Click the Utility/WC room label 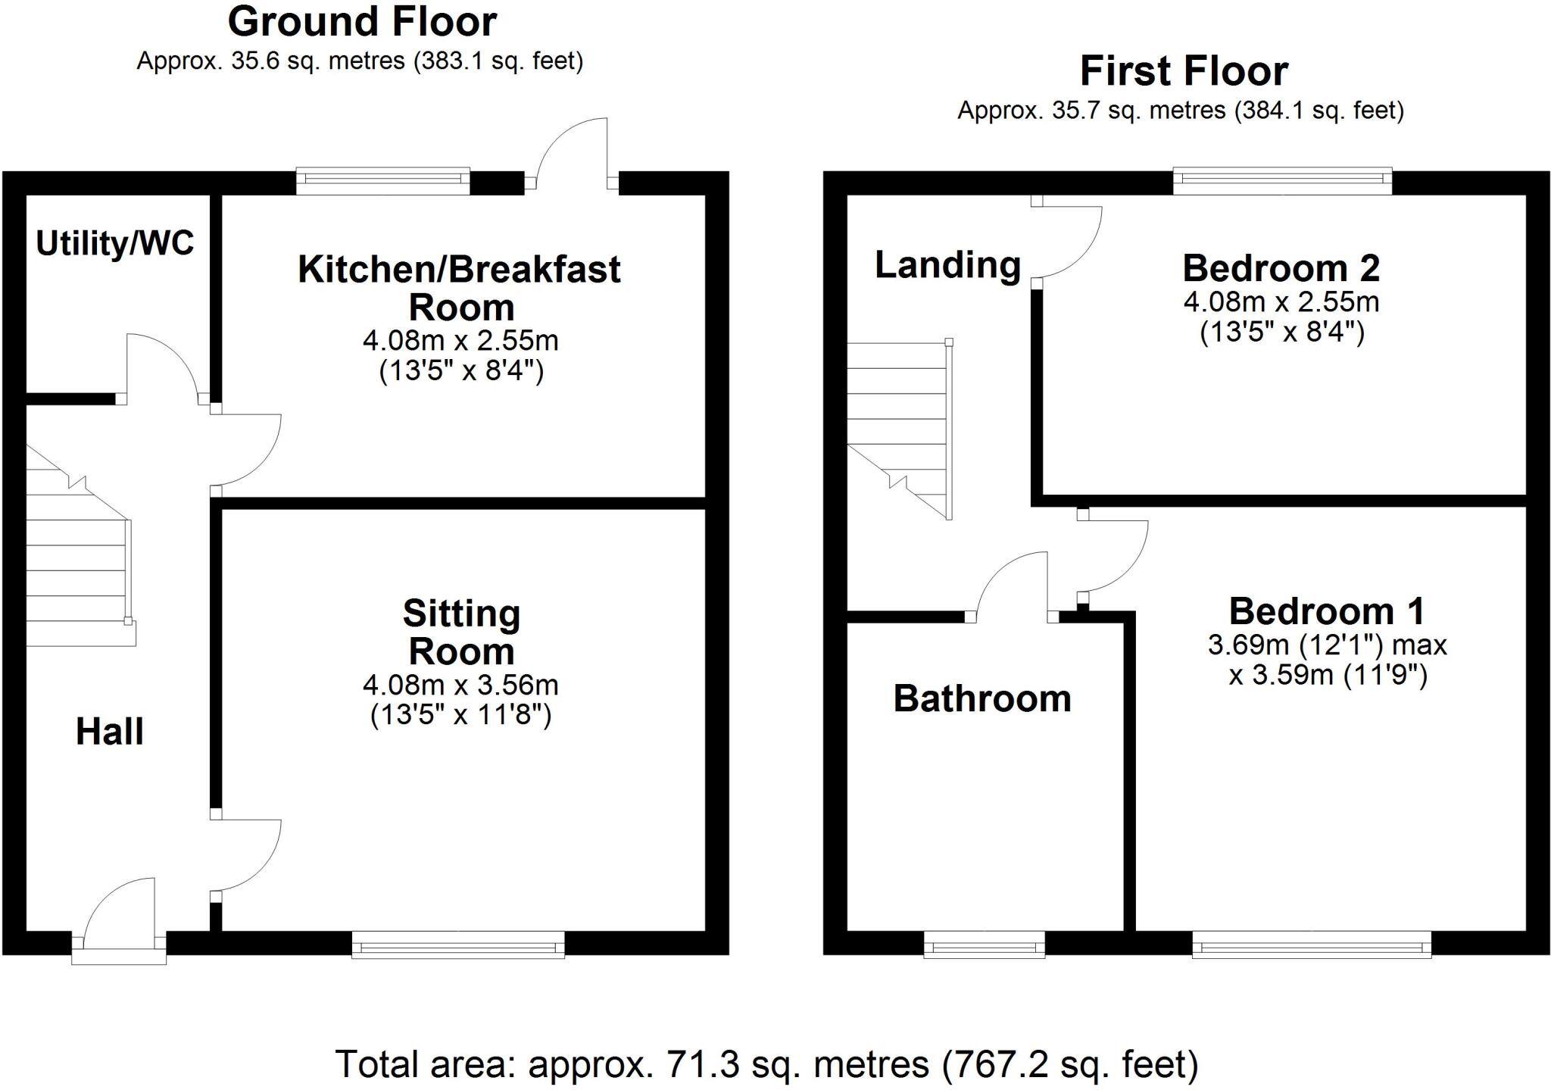click(115, 243)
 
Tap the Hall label click(110, 732)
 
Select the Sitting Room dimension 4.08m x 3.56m click(460, 685)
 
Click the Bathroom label click(982, 698)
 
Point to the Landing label click(947, 265)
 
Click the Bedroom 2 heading click(1281, 268)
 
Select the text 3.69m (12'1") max click(1327, 645)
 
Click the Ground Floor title click(362, 21)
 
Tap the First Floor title click(1184, 71)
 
